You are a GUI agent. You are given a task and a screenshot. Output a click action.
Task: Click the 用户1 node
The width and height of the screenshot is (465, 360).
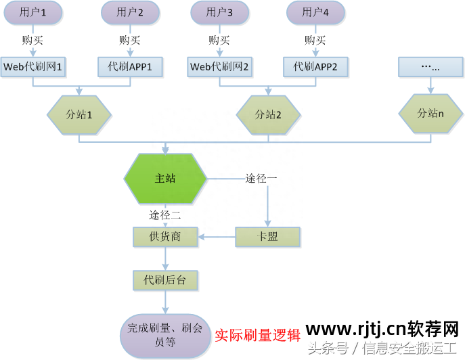click(x=34, y=12)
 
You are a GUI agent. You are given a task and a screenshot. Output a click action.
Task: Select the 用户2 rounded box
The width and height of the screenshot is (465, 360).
click(x=130, y=12)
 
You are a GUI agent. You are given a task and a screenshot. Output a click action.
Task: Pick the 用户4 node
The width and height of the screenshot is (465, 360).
click(x=316, y=12)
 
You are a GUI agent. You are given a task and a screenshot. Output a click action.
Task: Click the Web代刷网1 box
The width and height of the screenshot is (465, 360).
click(x=33, y=67)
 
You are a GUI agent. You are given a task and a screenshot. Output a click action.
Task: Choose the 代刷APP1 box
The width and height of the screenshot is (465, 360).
click(x=130, y=67)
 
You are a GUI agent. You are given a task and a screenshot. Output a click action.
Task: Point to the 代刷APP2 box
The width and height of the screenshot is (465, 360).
click(x=316, y=67)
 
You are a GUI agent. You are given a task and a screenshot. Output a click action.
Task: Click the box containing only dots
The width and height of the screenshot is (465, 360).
click(x=430, y=67)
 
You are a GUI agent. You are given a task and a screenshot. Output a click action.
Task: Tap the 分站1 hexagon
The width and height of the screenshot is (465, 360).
click(x=80, y=114)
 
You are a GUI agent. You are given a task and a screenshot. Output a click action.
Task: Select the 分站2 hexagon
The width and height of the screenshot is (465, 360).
click(x=268, y=114)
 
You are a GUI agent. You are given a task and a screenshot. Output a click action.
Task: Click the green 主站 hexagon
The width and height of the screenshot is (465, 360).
click(x=166, y=179)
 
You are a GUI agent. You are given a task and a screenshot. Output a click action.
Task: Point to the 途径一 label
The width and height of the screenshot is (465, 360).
click(x=261, y=179)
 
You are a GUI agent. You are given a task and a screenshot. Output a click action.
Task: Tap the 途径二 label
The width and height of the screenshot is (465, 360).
click(x=164, y=215)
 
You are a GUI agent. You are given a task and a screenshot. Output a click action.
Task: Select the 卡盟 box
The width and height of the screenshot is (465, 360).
click(x=267, y=236)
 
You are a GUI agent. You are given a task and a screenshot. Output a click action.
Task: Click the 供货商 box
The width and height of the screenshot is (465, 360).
click(x=165, y=236)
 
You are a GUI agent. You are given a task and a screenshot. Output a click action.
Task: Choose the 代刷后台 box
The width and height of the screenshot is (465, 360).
click(x=165, y=279)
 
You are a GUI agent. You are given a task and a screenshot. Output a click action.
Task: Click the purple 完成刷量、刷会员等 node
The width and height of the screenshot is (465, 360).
click(x=165, y=335)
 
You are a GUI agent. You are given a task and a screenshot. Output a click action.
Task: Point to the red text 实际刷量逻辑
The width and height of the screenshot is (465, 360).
click(x=258, y=335)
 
